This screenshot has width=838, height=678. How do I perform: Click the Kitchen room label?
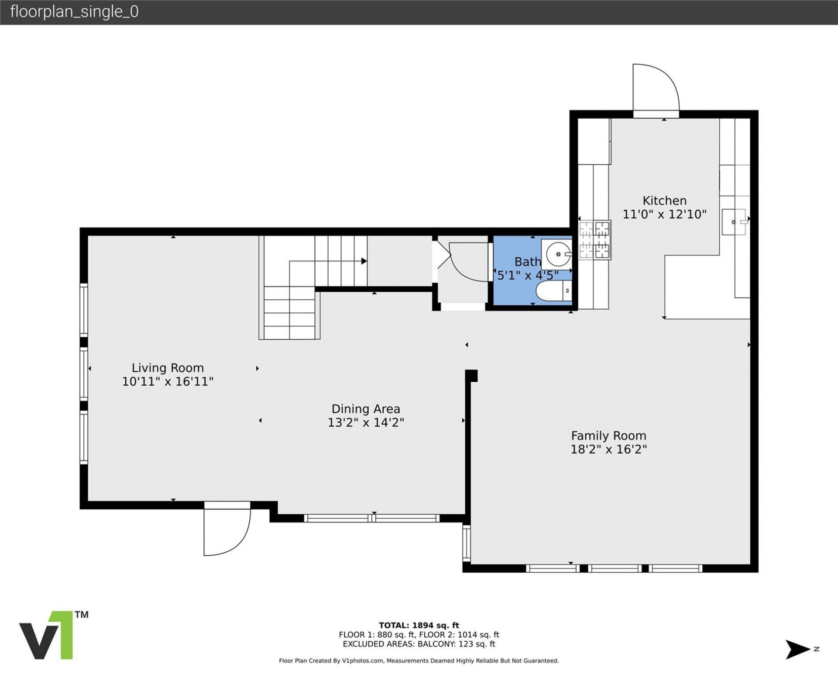(x=664, y=201)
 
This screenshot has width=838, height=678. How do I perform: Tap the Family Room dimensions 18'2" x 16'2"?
(x=608, y=449)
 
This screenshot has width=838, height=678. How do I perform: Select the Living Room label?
(x=168, y=368)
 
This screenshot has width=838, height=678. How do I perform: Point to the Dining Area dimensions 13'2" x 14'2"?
(x=366, y=422)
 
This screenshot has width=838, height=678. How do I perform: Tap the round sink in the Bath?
(x=557, y=253)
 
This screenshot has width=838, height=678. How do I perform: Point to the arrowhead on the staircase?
(x=364, y=261)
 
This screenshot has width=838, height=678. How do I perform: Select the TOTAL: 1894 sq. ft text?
(x=419, y=625)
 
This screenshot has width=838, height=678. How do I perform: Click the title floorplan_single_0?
(x=74, y=12)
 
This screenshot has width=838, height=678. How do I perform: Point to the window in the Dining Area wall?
(x=371, y=518)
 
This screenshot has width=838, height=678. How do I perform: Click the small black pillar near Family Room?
(x=471, y=376)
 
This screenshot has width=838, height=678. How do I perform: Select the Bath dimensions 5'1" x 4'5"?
(x=528, y=275)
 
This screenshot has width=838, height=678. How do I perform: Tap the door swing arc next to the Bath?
(x=467, y=264)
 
